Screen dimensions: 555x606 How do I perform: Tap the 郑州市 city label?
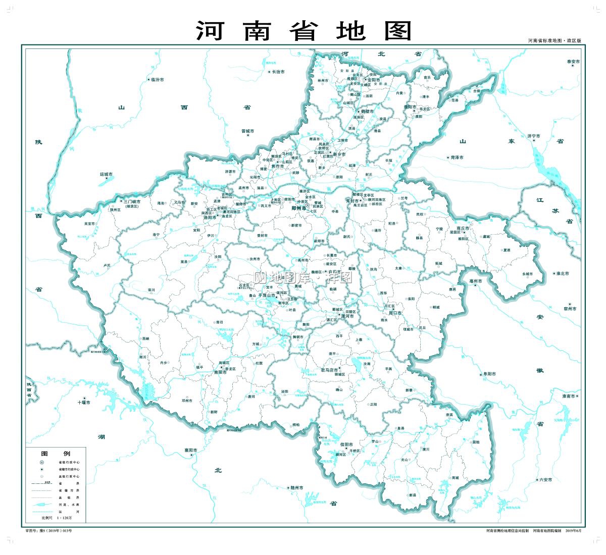(300, 207)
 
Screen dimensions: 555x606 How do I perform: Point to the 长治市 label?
(278, 72)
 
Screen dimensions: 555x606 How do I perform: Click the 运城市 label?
(107, 175)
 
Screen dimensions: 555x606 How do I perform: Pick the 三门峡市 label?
(132, 201)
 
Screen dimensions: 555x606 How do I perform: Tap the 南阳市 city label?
(221, 372)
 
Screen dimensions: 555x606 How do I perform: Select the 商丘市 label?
(463, 228)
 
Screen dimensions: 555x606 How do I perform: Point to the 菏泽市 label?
(457, 157)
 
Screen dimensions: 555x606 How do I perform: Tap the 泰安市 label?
(573, 62)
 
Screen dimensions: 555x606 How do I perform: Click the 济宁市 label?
(534, 136)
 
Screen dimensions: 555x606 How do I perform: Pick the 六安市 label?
(546, 479)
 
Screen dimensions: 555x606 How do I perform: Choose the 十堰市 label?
(84, 402)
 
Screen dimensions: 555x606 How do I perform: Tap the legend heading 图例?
(56, 454)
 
